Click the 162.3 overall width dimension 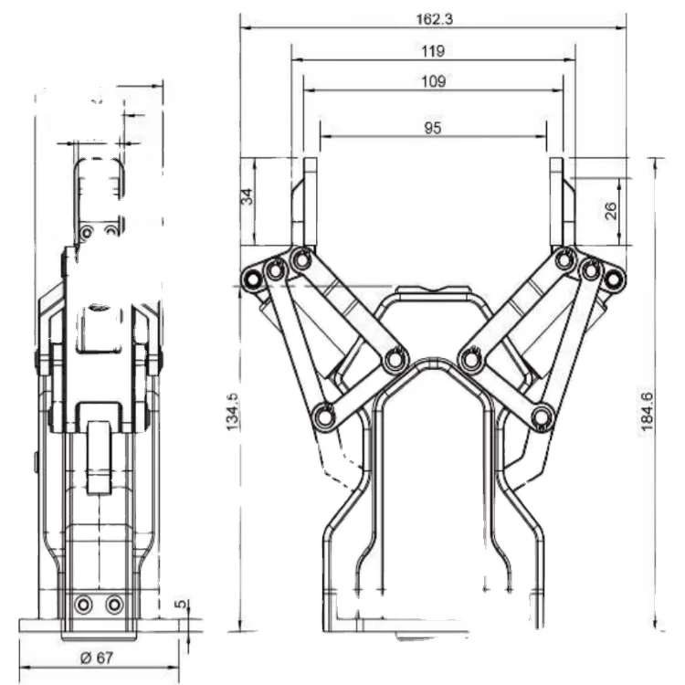(x=433, y=17)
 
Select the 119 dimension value (x=433, y=51)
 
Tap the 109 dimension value (x=433, y=81)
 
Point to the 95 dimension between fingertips (x=433, y=128)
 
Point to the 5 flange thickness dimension (x=181, y=605)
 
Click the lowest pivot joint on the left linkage (x=323, y=417)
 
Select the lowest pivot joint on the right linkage (x=543, y=417)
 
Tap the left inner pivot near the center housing (x=395, y=359)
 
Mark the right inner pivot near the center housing (x=471, y=359)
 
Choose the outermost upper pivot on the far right (x=615, y=278)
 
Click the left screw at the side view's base (x=84, y=605)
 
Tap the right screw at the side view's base (x=113, y=605)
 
